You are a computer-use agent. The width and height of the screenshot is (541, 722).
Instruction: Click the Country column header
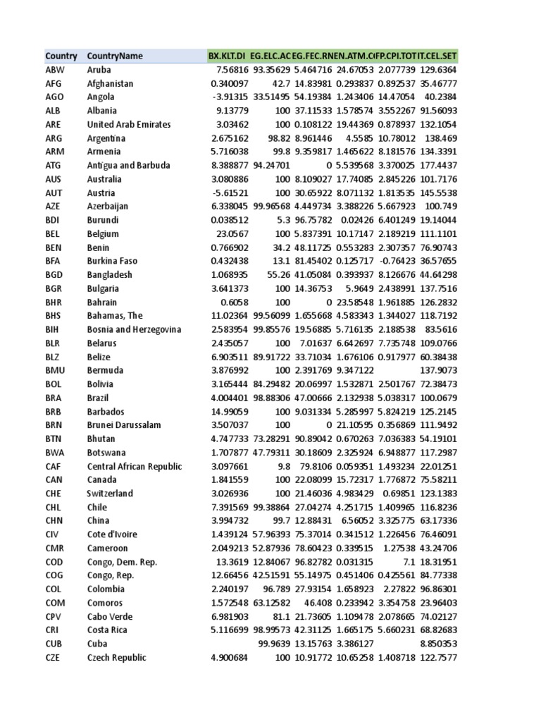pos(61,56)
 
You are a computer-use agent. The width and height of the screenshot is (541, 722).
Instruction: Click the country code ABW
pos(55,70)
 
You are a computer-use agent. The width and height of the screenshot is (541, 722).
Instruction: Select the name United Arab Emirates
pos(129,125)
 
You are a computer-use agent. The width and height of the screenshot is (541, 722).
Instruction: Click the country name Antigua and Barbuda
pos(129,166)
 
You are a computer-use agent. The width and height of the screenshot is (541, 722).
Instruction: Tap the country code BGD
pos(55,275)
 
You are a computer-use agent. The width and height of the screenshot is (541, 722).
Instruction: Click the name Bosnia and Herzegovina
pos(134,330)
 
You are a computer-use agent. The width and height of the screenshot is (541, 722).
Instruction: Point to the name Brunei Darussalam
pos(124,425)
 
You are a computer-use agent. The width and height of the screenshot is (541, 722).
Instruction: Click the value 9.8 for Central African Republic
pos(281,467)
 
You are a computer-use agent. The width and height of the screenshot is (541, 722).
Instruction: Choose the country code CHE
pos(54,494)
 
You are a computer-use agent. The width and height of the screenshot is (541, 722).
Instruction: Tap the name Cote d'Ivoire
pos(115,535)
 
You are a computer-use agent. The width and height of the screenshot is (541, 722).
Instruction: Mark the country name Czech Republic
pos(117,658)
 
